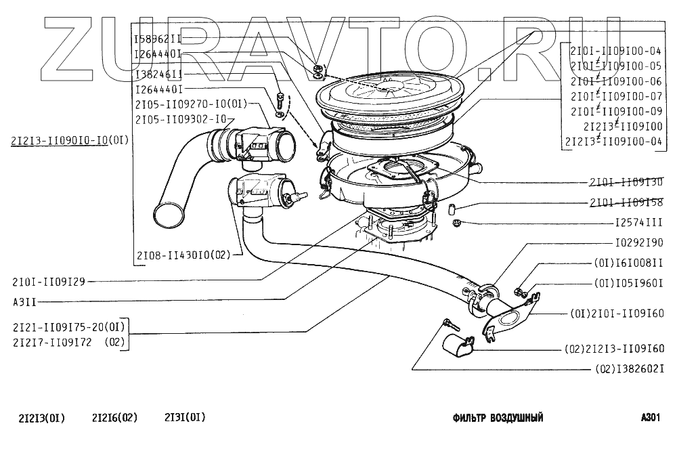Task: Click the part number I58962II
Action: [157, 39]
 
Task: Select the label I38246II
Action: [157, 73]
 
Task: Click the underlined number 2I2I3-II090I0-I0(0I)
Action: [69, 141]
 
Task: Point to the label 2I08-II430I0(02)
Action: [183, 256]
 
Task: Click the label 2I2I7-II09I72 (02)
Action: [68, 342]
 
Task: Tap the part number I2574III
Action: [637, 222]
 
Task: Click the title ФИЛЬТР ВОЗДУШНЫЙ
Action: [498, 418]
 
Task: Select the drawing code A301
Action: [649, 418]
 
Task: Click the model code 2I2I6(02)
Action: [114, 418]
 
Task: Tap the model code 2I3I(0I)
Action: [185, 418]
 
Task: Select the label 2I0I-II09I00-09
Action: [615, 111]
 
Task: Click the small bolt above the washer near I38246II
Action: [279, 95]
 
